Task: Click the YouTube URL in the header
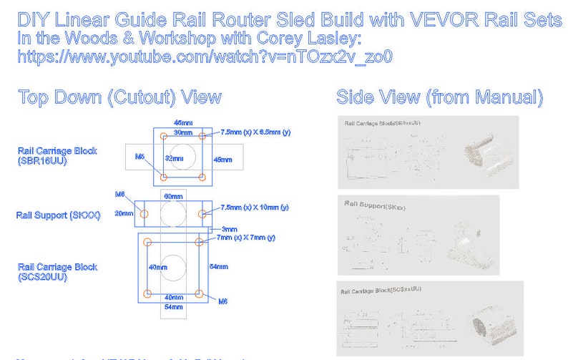coord(205,57)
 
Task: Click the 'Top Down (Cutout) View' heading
coord(119,97)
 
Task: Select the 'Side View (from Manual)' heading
coord(439,97)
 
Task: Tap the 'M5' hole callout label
coord(140,156)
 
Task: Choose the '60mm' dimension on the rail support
coord(174,196)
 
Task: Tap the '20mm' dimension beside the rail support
coord(126,213)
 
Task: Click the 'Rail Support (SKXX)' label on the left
coord(59,215)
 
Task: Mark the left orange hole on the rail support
coord(146,213)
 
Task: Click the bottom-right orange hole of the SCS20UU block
coord(200,293)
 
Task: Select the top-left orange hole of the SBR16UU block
coord(164,135)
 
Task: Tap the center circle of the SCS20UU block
coord(174,267)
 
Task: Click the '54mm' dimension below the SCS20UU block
coord(174,307)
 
